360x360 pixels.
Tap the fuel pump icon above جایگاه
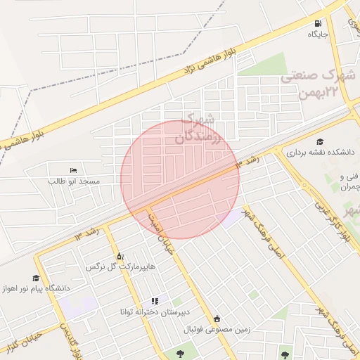(319, 22)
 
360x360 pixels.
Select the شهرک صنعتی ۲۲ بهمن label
(321, 84)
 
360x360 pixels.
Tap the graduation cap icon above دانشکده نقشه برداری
(321, 141)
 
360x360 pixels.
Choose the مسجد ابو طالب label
(74, 181)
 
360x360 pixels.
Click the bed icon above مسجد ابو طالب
(74, 170)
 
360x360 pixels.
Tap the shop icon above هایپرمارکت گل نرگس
(119, 256)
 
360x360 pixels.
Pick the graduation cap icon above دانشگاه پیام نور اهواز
(36, 278)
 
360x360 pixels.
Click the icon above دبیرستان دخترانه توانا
(155, 301)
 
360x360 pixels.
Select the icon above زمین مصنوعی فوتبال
(217, 319)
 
